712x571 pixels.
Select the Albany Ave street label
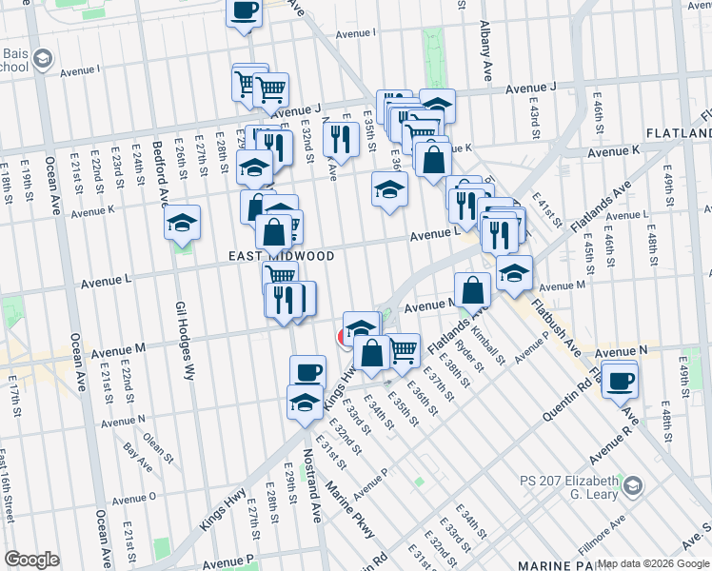click(485, 49)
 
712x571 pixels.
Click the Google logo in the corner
click(31, 559)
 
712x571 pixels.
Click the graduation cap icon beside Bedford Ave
click(183, 225)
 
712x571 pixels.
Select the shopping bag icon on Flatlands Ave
click(472, 290)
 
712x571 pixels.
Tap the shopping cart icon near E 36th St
click(404, 349)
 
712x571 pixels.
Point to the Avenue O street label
click(133, 498)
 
